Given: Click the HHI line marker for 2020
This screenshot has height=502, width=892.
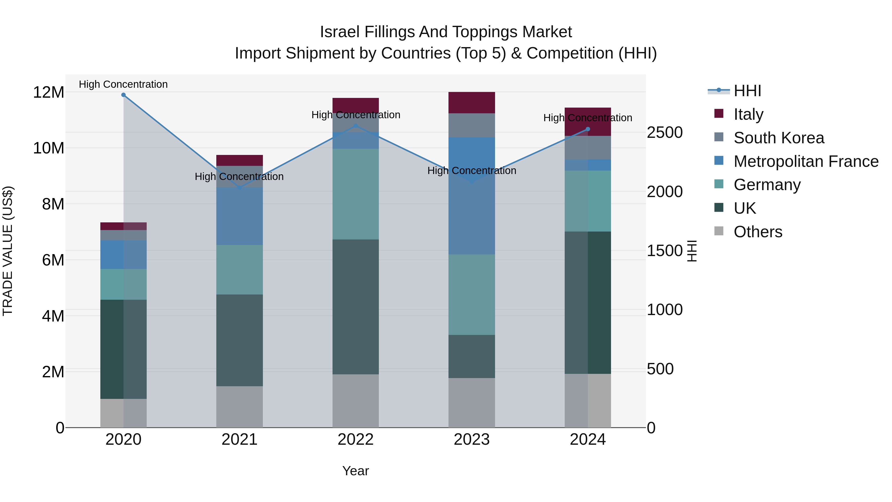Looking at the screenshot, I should [x=123, y=95].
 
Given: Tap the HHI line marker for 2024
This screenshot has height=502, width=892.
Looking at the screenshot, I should [x=588, y=129].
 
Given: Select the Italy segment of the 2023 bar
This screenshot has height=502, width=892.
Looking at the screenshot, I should [x=472, y=103].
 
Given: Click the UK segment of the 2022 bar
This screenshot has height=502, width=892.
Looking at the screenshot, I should [x=356, y=307].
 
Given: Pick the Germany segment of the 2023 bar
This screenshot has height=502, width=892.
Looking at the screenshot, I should [x=472, y=295].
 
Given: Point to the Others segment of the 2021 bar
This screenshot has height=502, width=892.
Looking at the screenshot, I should [x=240, y=407].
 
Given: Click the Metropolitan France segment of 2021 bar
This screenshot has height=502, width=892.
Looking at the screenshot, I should [x=240, y=216].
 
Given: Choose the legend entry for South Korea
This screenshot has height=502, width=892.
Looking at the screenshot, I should [x=779, y=138].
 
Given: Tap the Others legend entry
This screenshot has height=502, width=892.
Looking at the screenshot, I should [x=758, y=232].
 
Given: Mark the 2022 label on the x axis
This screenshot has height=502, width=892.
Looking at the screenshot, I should [x=356, y=440].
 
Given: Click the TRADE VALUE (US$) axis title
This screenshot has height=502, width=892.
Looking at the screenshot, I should [x=8, y=251].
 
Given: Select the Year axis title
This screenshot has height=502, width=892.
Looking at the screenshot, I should [x=356, y=471].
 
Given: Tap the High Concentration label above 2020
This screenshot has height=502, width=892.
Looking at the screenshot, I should [x=123, y=84].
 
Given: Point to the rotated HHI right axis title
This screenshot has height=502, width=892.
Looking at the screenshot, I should [x=692, y=251].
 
